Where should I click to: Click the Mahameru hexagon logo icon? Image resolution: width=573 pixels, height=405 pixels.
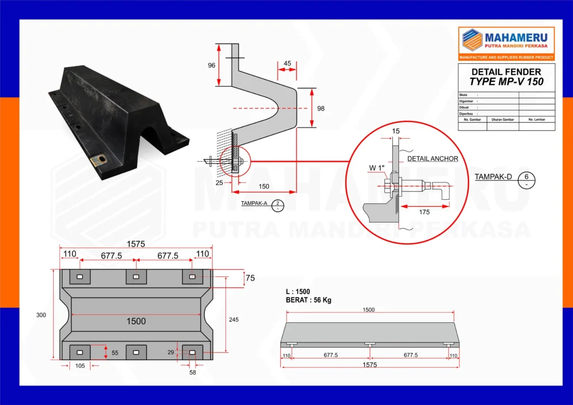click(472, 40)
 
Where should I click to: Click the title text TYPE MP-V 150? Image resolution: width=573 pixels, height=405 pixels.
click(506, 81)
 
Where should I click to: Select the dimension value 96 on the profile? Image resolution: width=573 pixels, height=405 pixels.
click(212, 65)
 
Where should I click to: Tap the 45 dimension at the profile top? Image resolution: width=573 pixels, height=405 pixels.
click(287, 64)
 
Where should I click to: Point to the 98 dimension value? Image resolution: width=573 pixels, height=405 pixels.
click(320, 108)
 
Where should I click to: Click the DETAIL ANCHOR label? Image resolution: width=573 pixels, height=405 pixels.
click(433, 159)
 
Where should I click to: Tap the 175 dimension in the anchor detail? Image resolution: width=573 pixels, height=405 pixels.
click(424, 212)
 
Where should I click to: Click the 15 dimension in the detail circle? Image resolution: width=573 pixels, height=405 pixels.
click(396, 131)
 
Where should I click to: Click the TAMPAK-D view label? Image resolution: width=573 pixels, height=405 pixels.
click(493, 177)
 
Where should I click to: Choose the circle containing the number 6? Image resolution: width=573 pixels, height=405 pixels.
click(527, 181)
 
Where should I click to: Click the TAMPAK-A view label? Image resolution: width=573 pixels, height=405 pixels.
click(254, 203)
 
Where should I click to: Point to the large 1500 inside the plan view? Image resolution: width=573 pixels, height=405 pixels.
click(136, 321)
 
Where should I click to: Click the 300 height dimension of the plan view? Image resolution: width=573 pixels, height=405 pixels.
click(41, 315)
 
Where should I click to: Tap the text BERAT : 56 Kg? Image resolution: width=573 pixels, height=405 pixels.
click(308, 300)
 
